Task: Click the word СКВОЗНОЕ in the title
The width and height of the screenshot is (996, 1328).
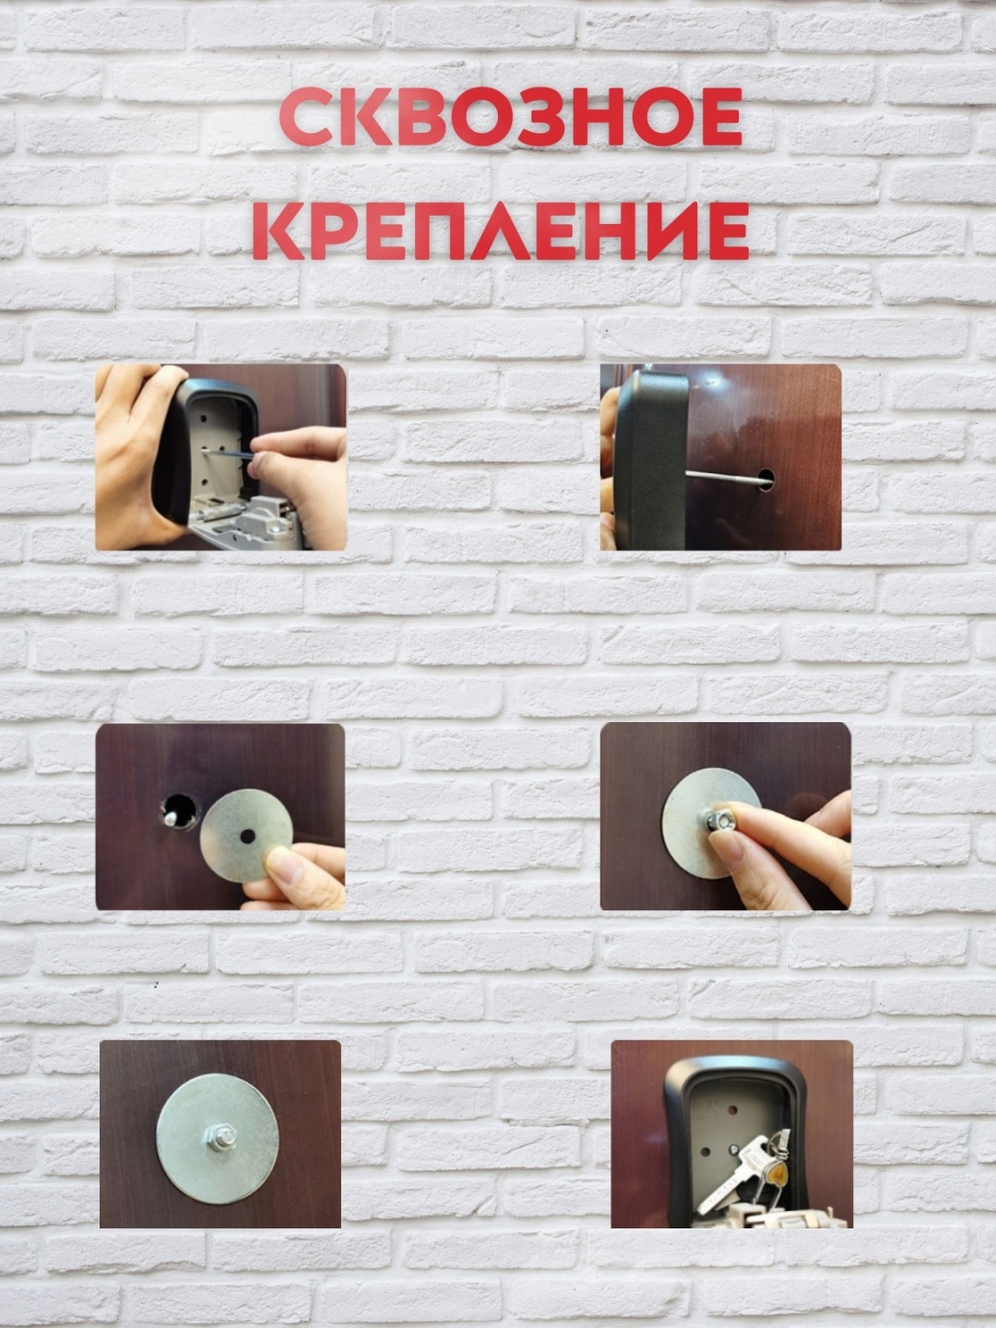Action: (x=512, y=117)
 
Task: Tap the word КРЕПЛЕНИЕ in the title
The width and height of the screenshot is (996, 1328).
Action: (x=501, y=231)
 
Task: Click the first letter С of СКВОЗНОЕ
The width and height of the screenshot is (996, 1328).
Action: (x=306, y=117)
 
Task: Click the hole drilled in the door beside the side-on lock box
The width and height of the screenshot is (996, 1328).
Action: (x=766, y=479)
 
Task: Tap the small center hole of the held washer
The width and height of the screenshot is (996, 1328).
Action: (x=247, y=836)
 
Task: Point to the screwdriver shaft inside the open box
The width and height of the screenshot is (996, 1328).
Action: (x=228, y=453)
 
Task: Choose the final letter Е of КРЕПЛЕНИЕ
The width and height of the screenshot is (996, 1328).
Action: (x=726, y=231)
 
